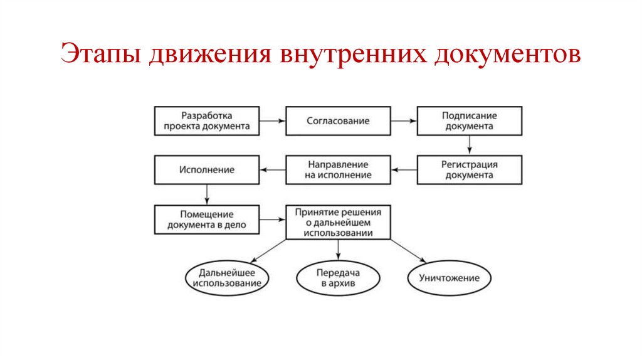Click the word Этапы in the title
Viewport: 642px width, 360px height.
coord(100,55)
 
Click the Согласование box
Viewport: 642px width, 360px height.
coord(338,120)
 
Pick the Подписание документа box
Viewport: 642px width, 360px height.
coord(469,120)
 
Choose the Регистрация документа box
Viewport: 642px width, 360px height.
coord(469,169)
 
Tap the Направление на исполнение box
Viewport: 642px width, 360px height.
coord(338,169)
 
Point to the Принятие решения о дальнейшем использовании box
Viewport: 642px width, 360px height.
coord(338,222)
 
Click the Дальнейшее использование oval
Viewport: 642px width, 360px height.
coord(228,278)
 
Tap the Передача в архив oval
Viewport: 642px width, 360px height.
coord(338,278)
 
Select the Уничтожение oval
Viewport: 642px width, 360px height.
coord(450,278)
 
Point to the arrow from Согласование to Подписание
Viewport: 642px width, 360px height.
coord(404,120)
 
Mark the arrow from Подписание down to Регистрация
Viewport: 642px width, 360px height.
coord(469,145)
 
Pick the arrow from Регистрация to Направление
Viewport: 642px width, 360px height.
coord(404,169)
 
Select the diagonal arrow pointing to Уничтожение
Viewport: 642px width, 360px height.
coord(408,250)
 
